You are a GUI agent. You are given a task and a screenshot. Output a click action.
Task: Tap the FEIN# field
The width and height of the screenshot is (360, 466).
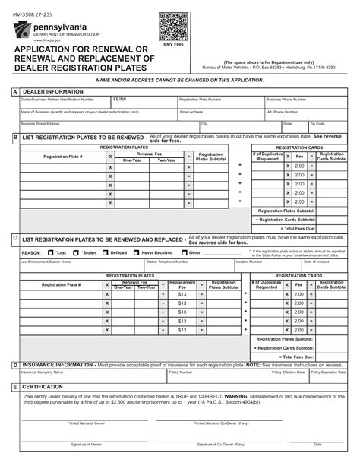tap(144, 103)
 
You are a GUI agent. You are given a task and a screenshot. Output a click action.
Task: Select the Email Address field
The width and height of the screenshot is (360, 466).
tap(220, 115)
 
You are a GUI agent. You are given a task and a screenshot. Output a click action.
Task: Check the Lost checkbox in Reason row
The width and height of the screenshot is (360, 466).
tap(51, 252)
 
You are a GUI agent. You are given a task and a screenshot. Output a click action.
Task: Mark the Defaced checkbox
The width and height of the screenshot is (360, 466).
tap(106, 252)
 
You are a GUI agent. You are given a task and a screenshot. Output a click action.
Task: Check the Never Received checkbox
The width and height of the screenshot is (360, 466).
tap(137, 252)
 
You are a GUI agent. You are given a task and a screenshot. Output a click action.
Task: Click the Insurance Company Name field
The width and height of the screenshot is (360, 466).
tap(91, 376)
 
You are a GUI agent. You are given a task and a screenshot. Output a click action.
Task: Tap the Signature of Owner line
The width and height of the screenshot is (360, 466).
tap(87, 439)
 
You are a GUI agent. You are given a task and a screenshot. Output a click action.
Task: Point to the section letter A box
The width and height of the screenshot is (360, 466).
tap(14, 91)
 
